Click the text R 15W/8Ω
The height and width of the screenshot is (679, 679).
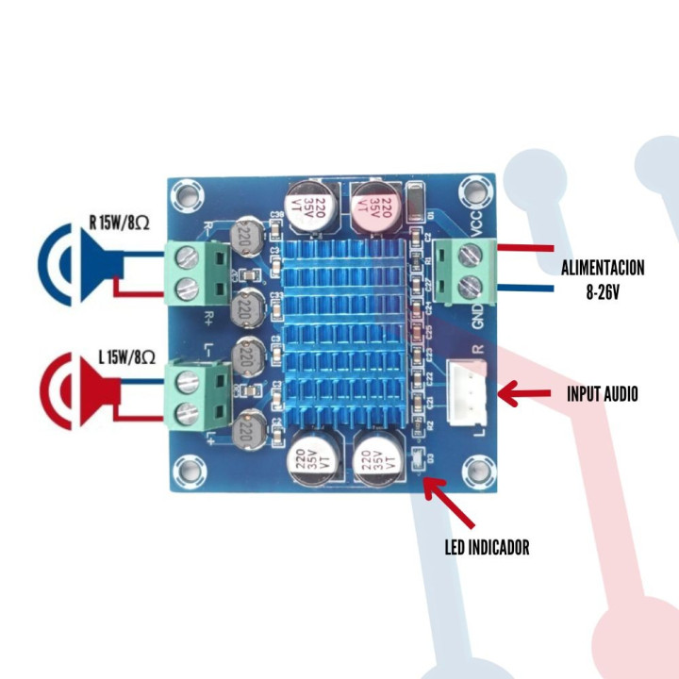pos(119,223)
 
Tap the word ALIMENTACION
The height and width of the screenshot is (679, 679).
pos(603,268)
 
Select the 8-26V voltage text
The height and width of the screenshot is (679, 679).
pos(602,292)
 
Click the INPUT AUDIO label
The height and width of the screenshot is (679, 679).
pos(602,393)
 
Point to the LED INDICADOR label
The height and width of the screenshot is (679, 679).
pos(487,547)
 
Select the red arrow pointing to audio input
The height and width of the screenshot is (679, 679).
pos(527,393)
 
